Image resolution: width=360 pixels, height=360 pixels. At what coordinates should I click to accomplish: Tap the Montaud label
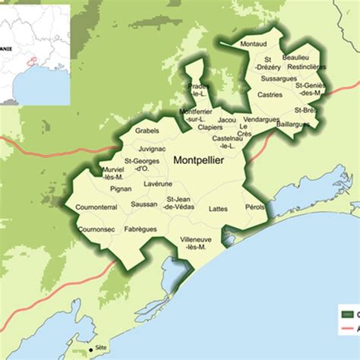254,45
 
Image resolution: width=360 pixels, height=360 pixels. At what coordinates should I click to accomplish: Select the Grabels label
147,130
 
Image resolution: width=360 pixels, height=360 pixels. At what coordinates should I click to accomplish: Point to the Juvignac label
153,150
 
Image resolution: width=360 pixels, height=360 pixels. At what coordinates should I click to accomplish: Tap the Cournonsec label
96,227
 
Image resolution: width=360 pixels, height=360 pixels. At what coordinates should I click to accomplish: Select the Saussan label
144,204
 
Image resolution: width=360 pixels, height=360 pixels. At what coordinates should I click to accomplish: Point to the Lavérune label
157,184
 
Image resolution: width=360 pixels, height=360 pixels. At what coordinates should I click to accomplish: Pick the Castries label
270,95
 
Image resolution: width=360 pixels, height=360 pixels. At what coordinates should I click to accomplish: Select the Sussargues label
278,78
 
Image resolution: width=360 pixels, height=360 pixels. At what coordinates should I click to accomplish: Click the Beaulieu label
295,58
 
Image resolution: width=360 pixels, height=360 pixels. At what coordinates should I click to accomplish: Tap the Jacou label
226,119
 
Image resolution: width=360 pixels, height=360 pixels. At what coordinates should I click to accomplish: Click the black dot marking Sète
92,349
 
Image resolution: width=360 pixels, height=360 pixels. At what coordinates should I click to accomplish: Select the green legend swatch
349,313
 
